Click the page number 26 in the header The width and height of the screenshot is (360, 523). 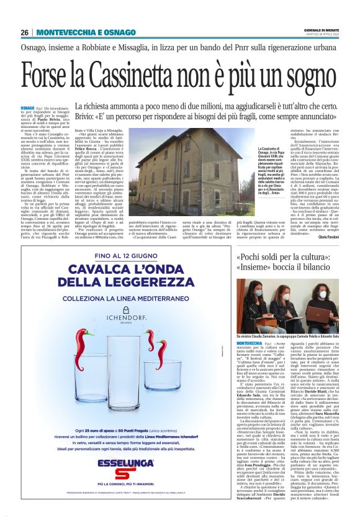click(x=25, y=32)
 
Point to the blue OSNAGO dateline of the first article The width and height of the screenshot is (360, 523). click(x=27, y=107)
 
